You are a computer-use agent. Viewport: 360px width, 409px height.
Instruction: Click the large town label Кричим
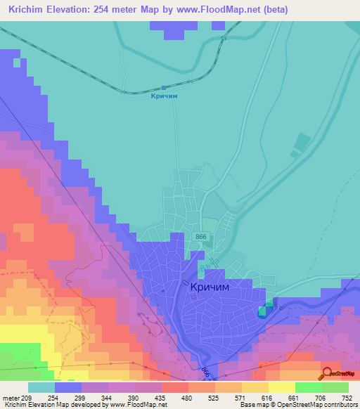pyautogui.click(x=211, y=287)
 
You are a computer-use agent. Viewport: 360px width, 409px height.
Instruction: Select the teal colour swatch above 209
pyautogui.click(x=41, y=387)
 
